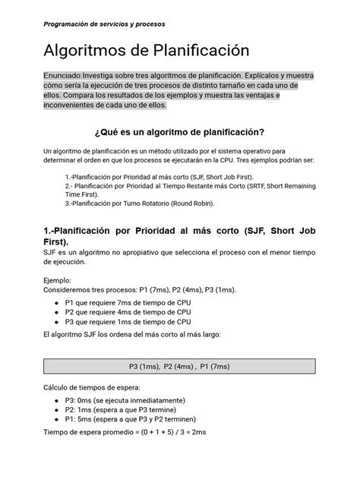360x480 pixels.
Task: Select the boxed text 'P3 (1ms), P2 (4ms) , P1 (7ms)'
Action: point(178,365)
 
